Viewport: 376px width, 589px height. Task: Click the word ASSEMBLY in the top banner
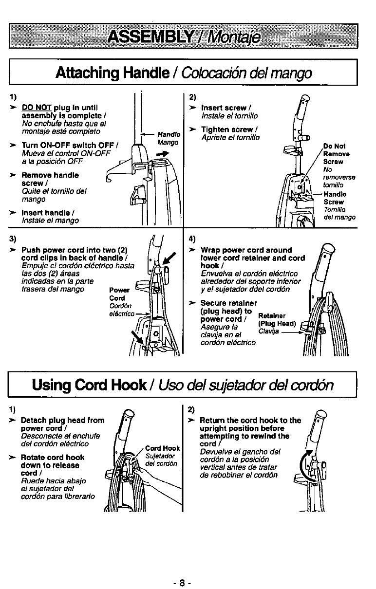pos(145,36)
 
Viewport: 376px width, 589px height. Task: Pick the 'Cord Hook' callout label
pos(163,448)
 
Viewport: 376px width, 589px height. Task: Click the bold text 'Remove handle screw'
pos(50,179)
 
